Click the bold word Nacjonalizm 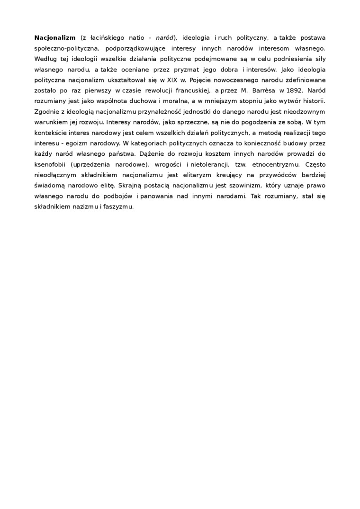55,37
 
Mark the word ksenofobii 51,164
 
